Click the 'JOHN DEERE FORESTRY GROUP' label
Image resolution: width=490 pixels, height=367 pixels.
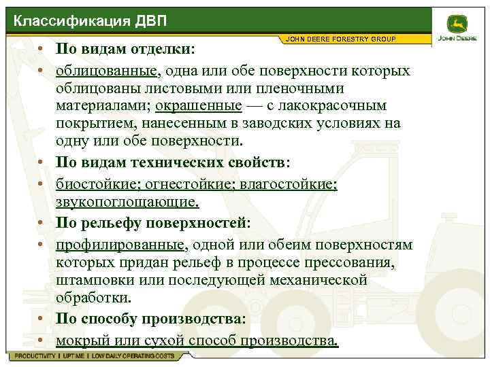[x=341, y=39]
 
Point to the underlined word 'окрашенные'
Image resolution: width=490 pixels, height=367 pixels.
[x=198, y=106]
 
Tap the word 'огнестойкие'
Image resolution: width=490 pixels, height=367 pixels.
[x=185, y=184]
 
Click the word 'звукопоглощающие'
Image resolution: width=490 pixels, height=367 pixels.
[x=127, y=202]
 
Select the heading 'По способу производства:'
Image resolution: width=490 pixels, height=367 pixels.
[x=151, y=319]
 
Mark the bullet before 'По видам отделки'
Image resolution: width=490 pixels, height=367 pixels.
[x=42, y=51]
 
